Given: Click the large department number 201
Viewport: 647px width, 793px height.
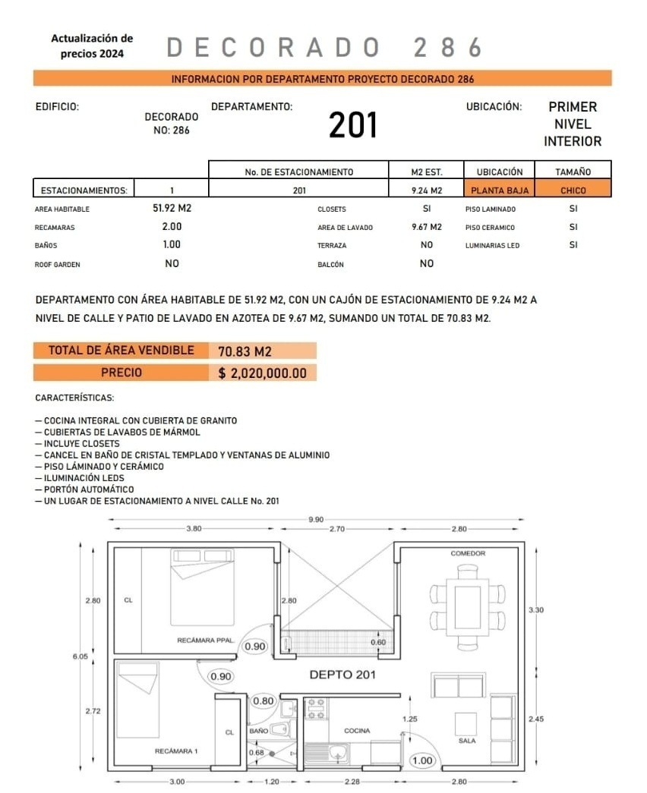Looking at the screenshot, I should click(x=353, y=125).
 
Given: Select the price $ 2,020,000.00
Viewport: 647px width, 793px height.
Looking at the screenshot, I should click(x=262, y=373).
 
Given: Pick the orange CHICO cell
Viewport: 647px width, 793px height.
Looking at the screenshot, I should click(x=573, y=190).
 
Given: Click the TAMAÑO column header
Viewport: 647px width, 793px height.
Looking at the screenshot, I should click(x=573, y=172).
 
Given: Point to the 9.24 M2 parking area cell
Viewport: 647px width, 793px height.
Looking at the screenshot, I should click(x=426, y=190).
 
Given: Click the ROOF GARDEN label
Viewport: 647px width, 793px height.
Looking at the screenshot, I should click(x=58, y=265).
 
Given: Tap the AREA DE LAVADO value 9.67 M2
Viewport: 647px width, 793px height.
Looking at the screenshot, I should click(x=426, y=227).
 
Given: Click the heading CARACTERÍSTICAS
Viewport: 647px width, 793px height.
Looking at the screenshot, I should click(x=74, y=398).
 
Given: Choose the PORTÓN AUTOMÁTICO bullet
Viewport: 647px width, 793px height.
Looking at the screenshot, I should click(x=89, y=489).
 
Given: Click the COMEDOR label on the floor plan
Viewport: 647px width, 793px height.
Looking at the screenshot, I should click(x=468, y=553).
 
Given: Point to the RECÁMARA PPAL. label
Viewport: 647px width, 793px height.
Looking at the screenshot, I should click(x=205, y=640).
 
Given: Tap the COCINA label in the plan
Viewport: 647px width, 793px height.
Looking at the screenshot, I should click(x=357, y=731).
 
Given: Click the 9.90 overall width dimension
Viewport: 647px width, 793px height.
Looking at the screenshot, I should click(x=317, y=519).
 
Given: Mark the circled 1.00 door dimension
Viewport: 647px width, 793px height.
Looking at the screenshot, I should click(x=422, y=760).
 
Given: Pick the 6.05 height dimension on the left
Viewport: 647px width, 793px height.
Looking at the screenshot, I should click(x=80, y=656).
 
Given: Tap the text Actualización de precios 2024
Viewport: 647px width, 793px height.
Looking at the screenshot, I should click(x=92, y=46).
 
